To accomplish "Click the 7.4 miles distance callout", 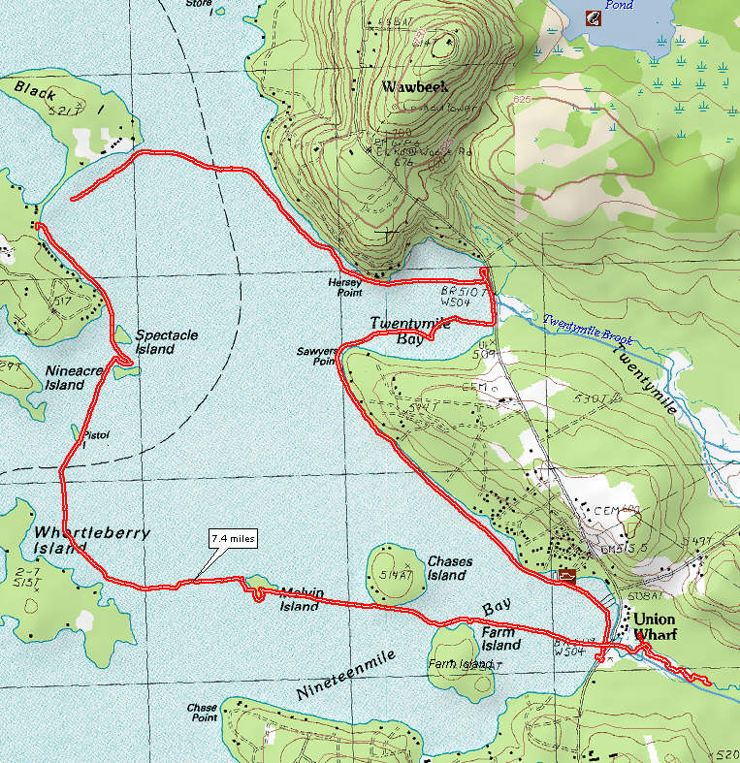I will coord(234,539).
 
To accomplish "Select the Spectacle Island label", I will coord(166,341).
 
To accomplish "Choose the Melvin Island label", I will coord(300,599).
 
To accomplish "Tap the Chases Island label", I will coord(448,568).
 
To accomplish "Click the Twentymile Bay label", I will coord(406,331).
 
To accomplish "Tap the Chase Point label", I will coord(202,713).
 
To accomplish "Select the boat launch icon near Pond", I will coord(592,16).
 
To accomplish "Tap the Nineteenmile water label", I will coord(345,676).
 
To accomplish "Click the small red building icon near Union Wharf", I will coord(564,575).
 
